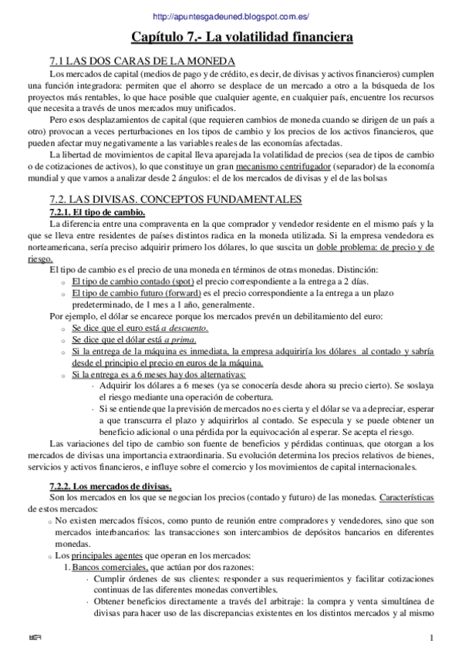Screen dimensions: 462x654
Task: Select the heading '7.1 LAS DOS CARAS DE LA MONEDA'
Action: coord(142,61)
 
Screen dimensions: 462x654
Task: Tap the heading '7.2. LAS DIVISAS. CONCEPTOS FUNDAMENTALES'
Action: coord(175,199)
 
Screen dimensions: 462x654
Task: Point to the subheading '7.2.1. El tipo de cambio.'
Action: coord(96,211)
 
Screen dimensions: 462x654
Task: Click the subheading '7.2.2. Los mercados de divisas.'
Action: coord(110,486)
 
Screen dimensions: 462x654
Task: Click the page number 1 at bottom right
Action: coord(433,637)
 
